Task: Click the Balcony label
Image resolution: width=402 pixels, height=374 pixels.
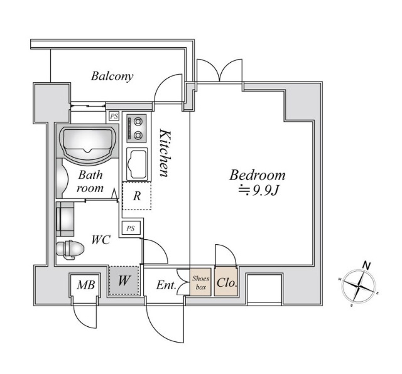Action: (x=112, y=77)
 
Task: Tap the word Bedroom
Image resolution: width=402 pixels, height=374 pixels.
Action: (x=257, y=175)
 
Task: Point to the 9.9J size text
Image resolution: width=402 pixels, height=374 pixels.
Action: (x=263, y=191)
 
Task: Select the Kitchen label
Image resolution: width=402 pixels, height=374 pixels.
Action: (x=165, y=154)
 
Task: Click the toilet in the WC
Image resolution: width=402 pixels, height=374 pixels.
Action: (x=70, y=250)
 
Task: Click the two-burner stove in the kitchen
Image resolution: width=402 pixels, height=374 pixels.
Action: (x=135, y=127)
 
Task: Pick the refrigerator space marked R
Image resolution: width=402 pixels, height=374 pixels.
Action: (x=136, y=196)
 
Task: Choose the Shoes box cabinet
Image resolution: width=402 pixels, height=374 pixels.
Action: (x=200, y=282)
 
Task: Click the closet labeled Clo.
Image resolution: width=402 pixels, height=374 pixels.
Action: (x=226, y=282)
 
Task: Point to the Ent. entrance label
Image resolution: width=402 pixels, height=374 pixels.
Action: (x=165, y=286)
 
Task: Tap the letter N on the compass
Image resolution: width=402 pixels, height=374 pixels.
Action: (x=367, y=266)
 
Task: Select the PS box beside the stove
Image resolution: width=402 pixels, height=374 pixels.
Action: (x=114, y=116)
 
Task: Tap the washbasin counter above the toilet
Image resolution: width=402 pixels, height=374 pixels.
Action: (x=65, y=220)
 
